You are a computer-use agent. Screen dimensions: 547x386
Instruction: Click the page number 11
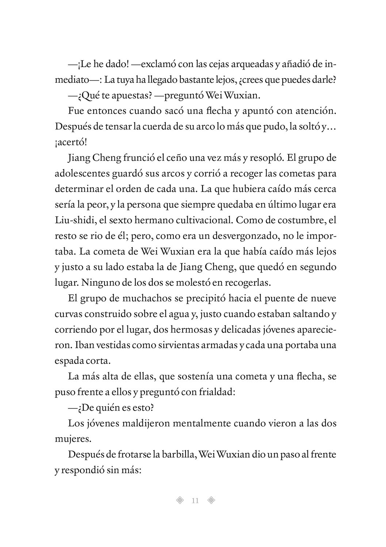click(195, 500)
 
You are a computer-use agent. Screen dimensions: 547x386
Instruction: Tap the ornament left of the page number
click(179, 500)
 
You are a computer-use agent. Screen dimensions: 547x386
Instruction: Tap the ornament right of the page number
click(211, 500)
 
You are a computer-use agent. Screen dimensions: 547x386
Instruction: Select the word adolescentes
click(80, 174)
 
